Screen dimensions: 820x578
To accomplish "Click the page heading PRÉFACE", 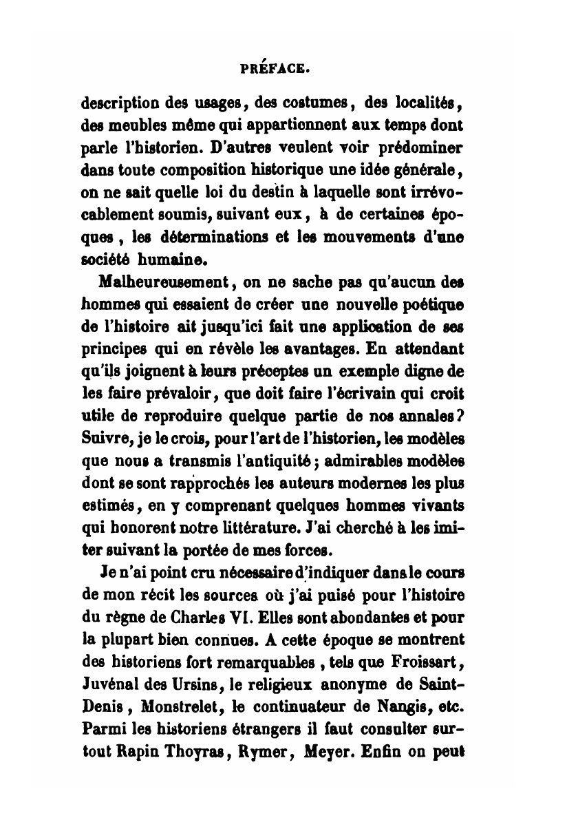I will click(x=276, y=68).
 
